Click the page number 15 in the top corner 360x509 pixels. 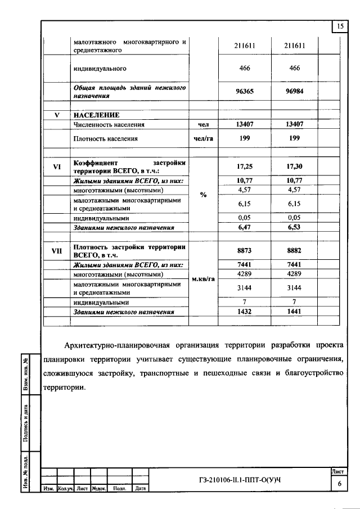pyautogui.click(x=340, y=26)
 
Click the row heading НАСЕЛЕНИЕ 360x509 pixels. pyautogui.click(x=96, y=115)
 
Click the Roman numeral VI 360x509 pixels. pyautogui.click(x=57, y=166)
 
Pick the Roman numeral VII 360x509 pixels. pyautogui.click(x=57, y=251)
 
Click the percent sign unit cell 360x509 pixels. pyautogui.click(x=203, y=195)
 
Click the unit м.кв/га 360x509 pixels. pyautogui.click(x=204, y=280)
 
